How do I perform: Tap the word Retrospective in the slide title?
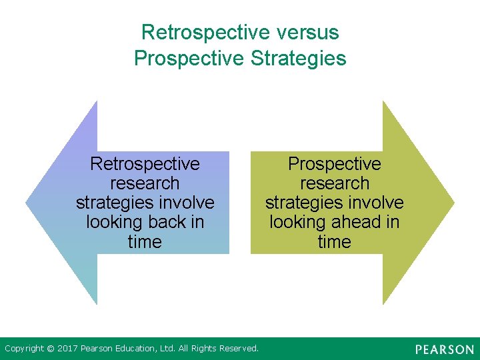click(x=204, y=32)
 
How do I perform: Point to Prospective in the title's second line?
click(x=190, y=58)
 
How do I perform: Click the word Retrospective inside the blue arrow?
click(x=145, y=163)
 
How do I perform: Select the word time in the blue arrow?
click(x=145, y=241)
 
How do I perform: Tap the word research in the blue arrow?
click(x=145, y=183)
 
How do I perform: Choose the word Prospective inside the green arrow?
click(x=334, y=163)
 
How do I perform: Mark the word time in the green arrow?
click(x=334, y=241)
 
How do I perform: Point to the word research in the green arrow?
click(x=334, y=183)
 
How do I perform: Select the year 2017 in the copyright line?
click(x=68, y=348)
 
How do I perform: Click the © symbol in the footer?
click(x=51, y=348)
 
